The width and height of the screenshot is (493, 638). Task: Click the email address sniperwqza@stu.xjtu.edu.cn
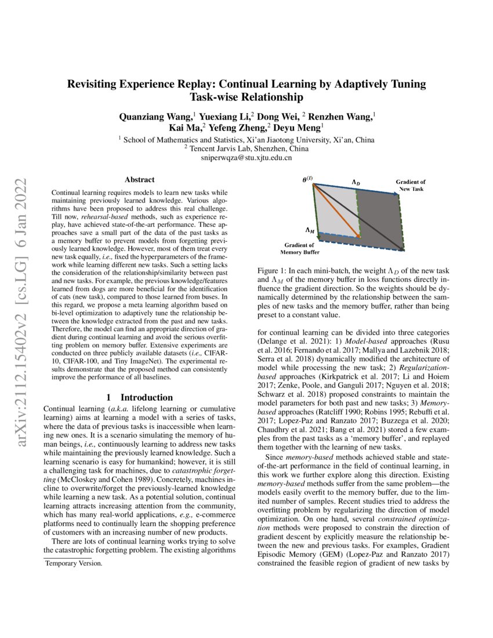tap(246, 157)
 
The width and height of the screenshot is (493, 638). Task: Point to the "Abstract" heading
tap(139, 180)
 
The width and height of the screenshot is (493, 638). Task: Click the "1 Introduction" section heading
tap(140, 397)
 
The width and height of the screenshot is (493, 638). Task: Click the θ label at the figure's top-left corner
tap(306, 180)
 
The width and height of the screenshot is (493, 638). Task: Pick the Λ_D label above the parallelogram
tap(356, 182)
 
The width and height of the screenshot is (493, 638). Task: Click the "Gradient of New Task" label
tap(410, 186)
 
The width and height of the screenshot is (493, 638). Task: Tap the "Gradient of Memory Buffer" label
tap(299, 249)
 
